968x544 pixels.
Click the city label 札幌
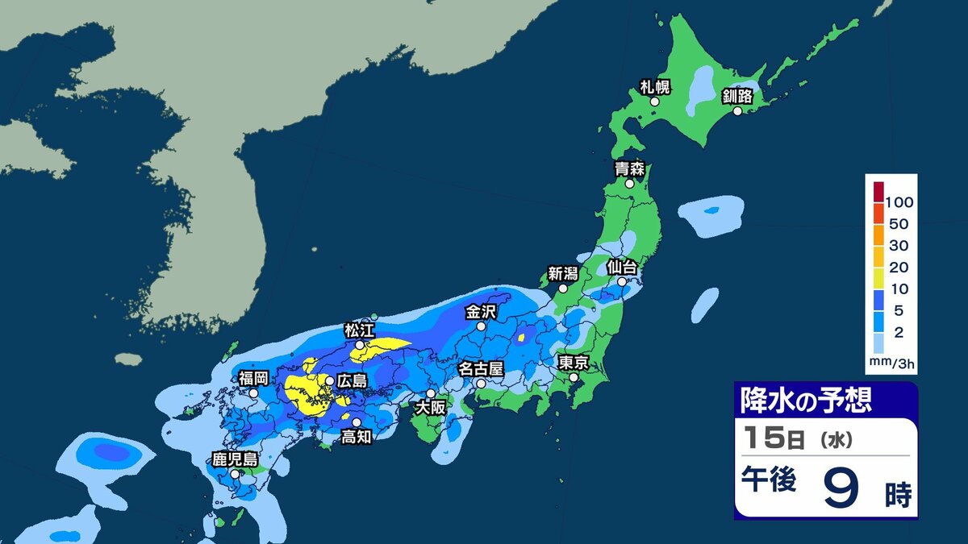(656, 87)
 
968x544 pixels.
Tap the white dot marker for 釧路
(733, 112)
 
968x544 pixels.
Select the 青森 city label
(629, 168)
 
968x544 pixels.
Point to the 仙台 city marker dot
(623, 282)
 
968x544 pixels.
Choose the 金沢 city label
(482, 310)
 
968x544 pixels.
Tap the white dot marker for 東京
(574, 377)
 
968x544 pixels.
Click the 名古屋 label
(481, 368)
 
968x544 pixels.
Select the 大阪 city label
(430, 408)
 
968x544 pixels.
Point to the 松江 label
(360, 330)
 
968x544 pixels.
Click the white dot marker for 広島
(329, 380)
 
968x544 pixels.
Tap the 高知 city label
(356, 437)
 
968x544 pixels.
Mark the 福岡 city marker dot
(253, 393)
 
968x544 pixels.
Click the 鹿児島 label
(235, 459)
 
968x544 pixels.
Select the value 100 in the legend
(898, 201)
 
